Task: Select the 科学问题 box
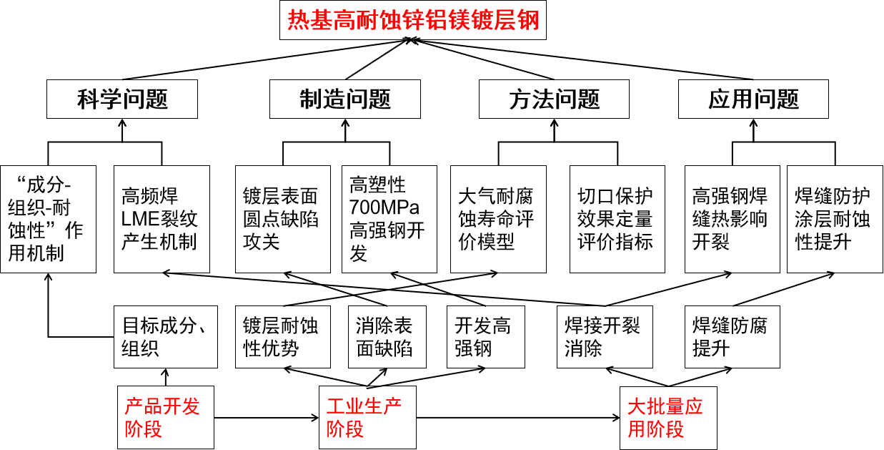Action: click(x=121, y=99)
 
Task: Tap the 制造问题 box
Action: click(x=344, y=99)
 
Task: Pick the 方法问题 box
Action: click(x=554, y=99)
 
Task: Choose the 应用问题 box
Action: click(x=753, y=99)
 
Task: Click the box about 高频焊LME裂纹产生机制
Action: click(x=162, y=219)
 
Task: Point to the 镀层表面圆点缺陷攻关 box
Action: click(x=283, y=219)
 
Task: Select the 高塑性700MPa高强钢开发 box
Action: click(x=389, y=219)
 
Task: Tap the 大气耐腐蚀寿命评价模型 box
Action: click(x=498, y=219)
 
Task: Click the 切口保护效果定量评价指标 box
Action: click(x=617, y=219)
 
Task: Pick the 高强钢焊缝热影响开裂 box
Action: click(x=732, y=219)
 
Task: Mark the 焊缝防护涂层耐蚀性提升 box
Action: click(x=834, y=219)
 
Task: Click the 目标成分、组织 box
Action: click(x=165, y=337)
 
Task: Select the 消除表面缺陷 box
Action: click(x=387, y=337)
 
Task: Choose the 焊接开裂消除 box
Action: click(x=605, y=337)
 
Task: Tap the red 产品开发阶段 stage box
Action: click(x=165, y=418)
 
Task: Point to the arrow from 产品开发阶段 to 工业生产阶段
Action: click(x=266, y=418)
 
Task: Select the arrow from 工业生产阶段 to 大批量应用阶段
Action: click(x=517, y=418)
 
